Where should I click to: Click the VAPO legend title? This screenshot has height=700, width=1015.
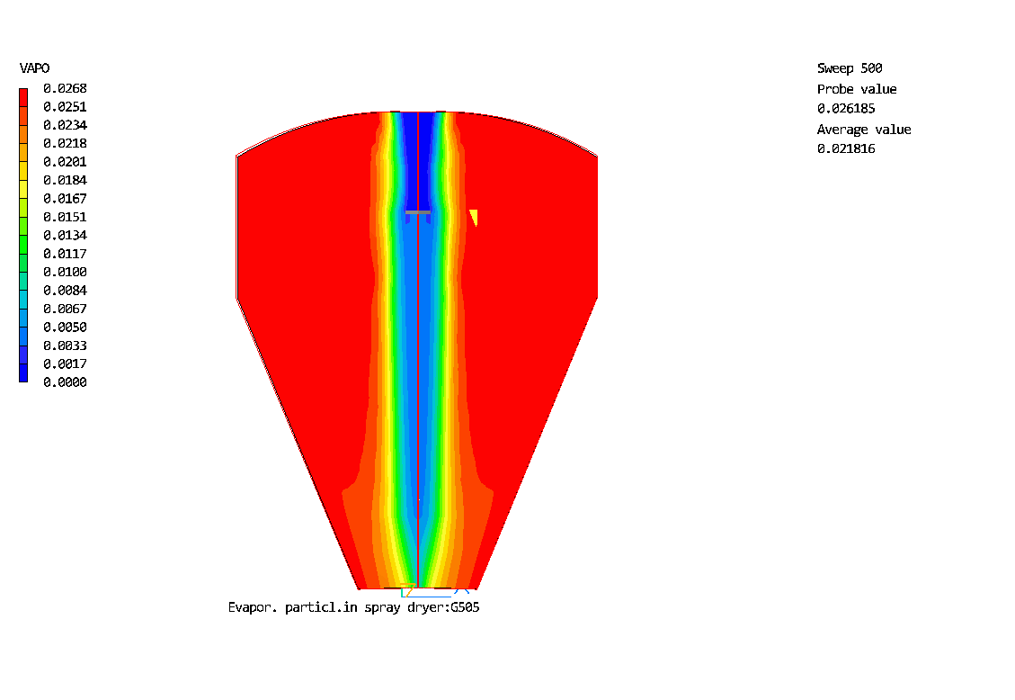34,68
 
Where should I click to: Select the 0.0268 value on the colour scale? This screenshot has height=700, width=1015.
65,88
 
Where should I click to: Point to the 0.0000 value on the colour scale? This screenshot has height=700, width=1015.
65,382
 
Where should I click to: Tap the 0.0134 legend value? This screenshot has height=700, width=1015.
65,235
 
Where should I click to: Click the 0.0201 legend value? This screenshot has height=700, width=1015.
65,161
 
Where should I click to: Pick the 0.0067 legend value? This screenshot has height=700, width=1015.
65,309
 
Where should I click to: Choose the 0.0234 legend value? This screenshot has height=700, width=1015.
65,125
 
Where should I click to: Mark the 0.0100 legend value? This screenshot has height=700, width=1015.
65,272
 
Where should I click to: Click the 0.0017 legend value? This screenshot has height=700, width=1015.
65,363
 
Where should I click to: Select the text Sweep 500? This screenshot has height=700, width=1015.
850,68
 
